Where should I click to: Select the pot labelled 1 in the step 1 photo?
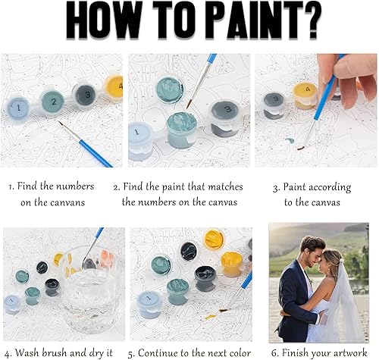point(17,108)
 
